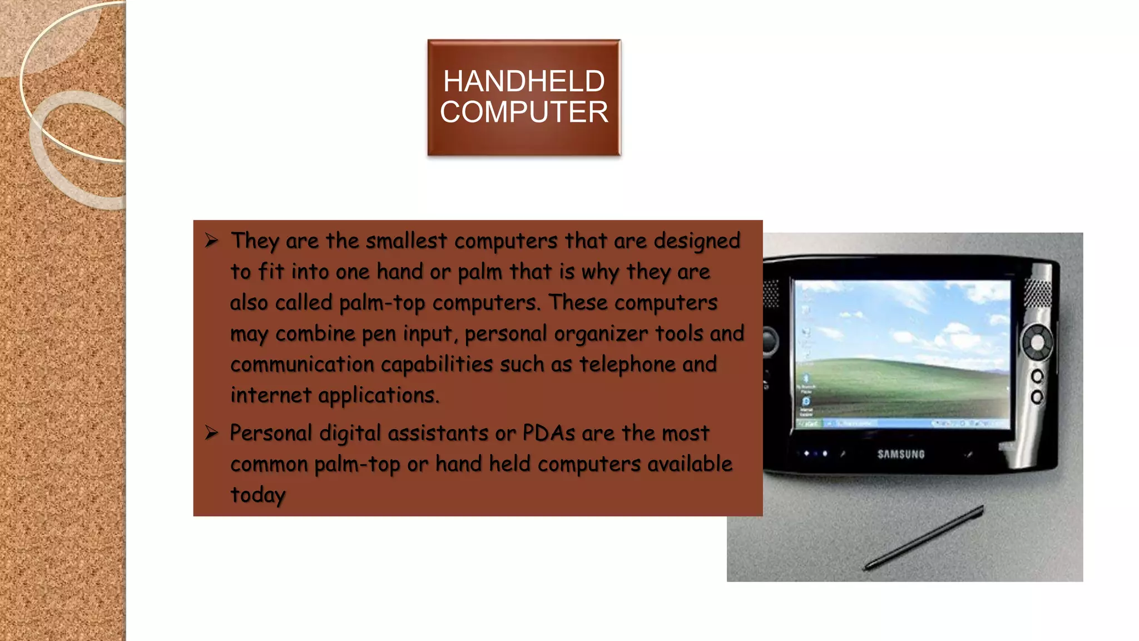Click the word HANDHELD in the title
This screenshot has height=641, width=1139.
click(523, 81)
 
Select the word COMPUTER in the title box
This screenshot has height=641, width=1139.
click(523, 112)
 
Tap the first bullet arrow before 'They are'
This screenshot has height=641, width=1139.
click(211, 240)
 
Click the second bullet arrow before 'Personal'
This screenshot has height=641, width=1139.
click(211, 432)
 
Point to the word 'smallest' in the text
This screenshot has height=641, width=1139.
click(406, 241)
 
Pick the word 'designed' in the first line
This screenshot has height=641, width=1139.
click(697, 241)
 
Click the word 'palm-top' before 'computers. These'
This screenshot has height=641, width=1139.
click(382, 303)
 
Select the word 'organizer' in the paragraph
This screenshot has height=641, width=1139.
click(601, 334)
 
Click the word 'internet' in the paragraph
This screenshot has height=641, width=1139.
click(271, 395)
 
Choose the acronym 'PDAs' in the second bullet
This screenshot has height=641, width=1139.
click(548, 433)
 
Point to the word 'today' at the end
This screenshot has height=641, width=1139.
click(258, 495)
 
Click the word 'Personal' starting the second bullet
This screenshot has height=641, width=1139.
click(271, 433)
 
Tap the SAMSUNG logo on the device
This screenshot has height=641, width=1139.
click(901, 454)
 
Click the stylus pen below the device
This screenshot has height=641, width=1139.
click(923, 538)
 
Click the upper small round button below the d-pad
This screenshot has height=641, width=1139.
click(1037, 377)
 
